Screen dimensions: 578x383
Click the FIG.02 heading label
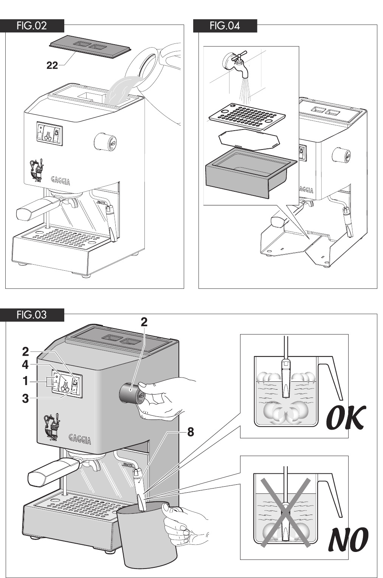point(32,26)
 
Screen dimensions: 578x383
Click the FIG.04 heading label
point(225,26)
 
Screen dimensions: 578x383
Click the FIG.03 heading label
point(32,314)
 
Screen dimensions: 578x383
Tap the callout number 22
point(52,66)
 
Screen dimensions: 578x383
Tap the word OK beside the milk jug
point(346,418)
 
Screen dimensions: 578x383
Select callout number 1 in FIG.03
point(25,381)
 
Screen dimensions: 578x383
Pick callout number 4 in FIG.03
point(25,365)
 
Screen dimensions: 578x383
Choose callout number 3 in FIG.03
point(25,398)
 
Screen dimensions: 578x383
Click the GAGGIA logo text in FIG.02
point(60,182)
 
